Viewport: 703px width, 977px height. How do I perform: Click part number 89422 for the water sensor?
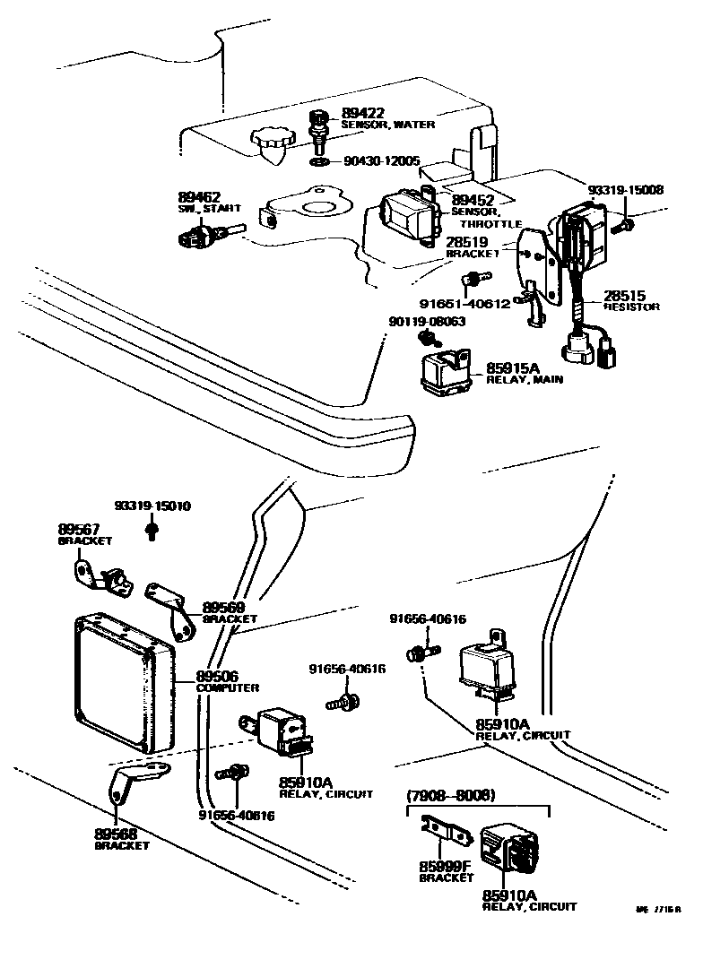pos(363,113)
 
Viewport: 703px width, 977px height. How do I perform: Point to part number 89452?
pos(473,200)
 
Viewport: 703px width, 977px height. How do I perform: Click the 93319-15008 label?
pos(625,190)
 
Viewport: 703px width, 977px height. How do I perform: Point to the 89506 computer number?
pos(217,676)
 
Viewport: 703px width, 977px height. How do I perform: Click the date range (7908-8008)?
pos(450,795)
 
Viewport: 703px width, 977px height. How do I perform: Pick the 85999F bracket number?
pos(444,867)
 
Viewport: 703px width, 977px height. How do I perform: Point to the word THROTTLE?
pos(490,224)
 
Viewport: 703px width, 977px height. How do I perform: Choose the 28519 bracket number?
pos(467,242)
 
